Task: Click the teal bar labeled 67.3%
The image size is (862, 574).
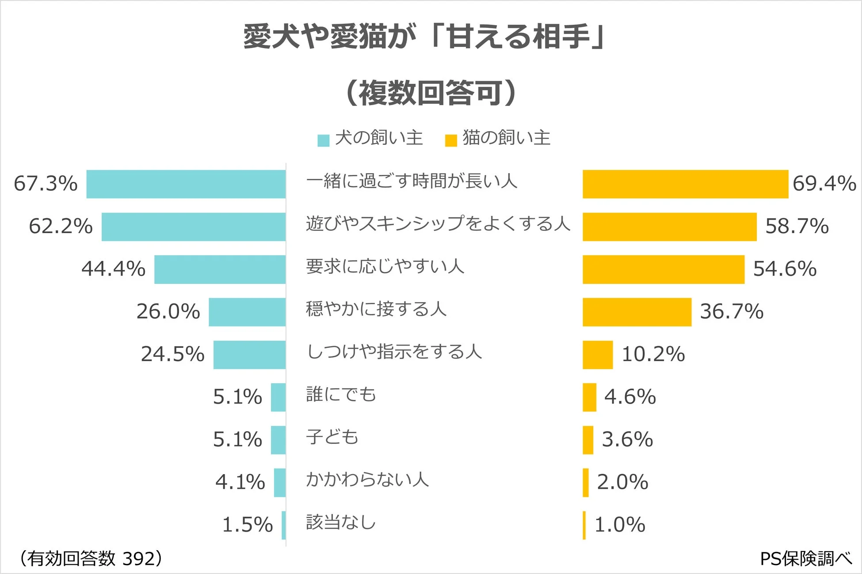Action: pyautogui.click(x=186, y=184)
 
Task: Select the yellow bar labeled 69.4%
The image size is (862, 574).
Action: pyautogui.click(x=685, y=184)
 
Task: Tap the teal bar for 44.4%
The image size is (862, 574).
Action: pyautogui.click(x=220, y=269)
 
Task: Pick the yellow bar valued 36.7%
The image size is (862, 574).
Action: pyautogui.click(x=637, y=312)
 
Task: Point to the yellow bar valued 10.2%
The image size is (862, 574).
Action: pyautogui.click(x=598, y=355)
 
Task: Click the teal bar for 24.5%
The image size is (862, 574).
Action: pyautogui.click(x=249, y=355)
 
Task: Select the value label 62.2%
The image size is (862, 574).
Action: pyautogui.click(x=61, y=226)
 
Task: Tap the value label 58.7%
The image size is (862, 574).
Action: pyautogui.click(x=797, y=226)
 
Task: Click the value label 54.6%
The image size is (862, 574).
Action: pyautogui.click(x=785, y=269)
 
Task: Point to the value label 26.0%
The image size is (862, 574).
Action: pyautogui.click(x=168, y=312)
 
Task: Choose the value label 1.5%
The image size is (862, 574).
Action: pyautogui.click(x=247, y=525)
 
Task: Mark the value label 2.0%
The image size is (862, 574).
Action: pyautogui.click(x=622, y=482)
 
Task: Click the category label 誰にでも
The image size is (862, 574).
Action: pyautogui.click(x=341, y=394)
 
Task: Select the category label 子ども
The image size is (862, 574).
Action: pyautogui.click(x=332, y=437)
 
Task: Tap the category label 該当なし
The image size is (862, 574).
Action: pyautogui.click(x=341, y=522)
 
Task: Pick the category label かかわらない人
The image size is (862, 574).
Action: pyautogui.click(x=367, y=480)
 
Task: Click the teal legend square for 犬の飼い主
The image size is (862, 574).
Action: pyautogui.click(x=324, y=140)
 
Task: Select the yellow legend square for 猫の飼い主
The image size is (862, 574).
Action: pyautogui.click(x=450, y=140)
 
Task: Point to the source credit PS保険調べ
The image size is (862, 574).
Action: pyautogui.click(x=805, y=559)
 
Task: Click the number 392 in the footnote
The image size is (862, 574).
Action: pyautogui.click(x=138, y=559)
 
